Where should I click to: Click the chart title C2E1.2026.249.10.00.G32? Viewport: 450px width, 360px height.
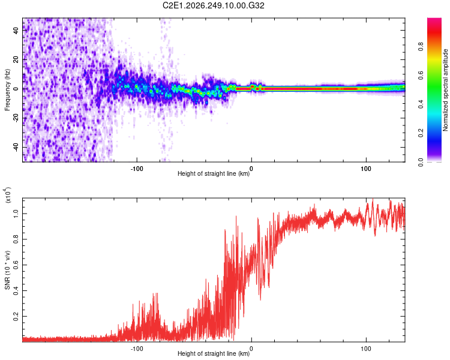(x=213, y=5)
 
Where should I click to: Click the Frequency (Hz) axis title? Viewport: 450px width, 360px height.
(x=7, y=90)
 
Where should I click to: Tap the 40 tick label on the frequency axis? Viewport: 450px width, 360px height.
(x=16, y=30)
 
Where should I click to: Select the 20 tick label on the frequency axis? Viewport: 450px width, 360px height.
(x=16, y=59)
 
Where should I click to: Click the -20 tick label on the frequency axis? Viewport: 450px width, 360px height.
(x=16, y=118)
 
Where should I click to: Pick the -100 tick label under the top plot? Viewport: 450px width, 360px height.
(x=137, y=169)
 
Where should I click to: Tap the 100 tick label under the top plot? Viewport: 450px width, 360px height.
(x=366, y=169)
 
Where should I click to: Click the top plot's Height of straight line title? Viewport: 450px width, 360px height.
(x=214, y=173)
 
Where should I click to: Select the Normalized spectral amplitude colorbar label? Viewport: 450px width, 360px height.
(x=445, y=90)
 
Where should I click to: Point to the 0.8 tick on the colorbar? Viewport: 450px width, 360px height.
(x=421, y=47)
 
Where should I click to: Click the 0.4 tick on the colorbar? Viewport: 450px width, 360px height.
(x=421, y=104)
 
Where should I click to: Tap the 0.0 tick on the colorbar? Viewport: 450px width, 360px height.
(x=421, y=162)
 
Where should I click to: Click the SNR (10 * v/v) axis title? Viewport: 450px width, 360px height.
(x=7, y=270)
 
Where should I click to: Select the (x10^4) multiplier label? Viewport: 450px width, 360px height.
(x=7, y=195)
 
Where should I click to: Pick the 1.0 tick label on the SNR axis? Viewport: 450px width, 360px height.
(x=16, y=214)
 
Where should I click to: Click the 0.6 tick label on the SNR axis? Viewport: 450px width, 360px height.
(x=16, y=265)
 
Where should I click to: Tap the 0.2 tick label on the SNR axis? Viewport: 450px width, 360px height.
(x=16, y=316)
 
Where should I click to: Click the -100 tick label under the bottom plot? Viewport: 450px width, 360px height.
(x=137, y=349)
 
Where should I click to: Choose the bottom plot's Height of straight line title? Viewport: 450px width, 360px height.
(x=214, y=353)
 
